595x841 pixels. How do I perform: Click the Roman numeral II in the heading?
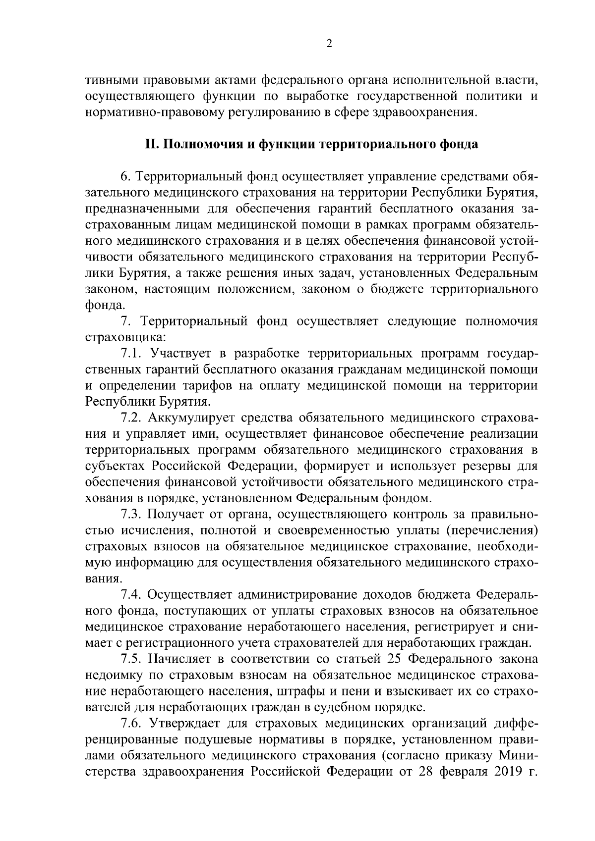pos(151,144)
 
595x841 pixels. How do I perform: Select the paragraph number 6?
pos(125,177)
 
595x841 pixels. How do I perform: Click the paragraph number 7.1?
pos(132,354)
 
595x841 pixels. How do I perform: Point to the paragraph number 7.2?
pos(132,418)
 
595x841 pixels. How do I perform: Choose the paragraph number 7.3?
pos(132,514)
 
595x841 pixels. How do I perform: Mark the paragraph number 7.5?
pos(132,659)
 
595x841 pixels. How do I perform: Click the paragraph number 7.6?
pos(132,723)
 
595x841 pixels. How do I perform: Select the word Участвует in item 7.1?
pos(182,354)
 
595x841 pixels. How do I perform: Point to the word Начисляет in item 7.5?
pos(182,659)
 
